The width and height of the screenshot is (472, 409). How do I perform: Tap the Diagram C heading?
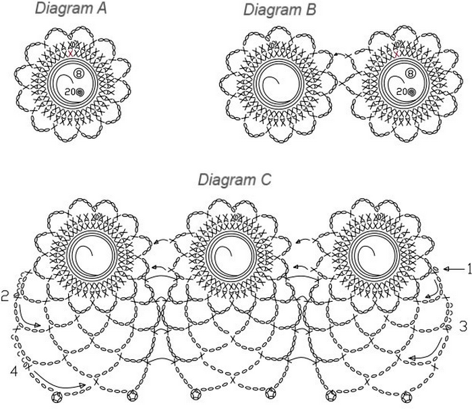(x=234, y=181)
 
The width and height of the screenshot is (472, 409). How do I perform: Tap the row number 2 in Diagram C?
(x=5, y=295)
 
